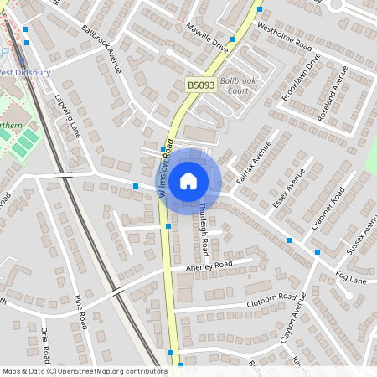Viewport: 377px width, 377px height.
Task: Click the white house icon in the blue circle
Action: (188, 180)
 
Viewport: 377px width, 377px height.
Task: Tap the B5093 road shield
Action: (199, 85)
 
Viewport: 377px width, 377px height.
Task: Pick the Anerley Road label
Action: (208, 266)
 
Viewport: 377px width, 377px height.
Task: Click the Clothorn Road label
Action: (271, 302)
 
